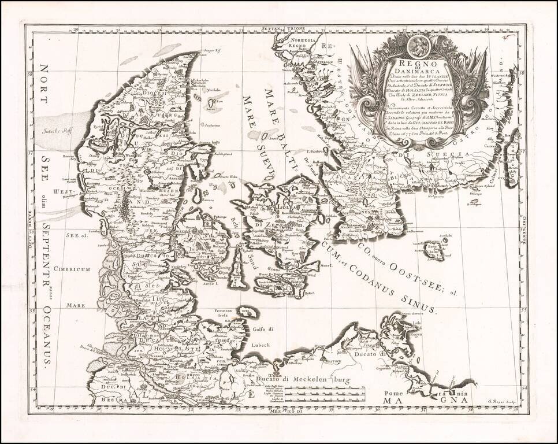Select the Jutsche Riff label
pos(59,131)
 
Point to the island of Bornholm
pos(434,250)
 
